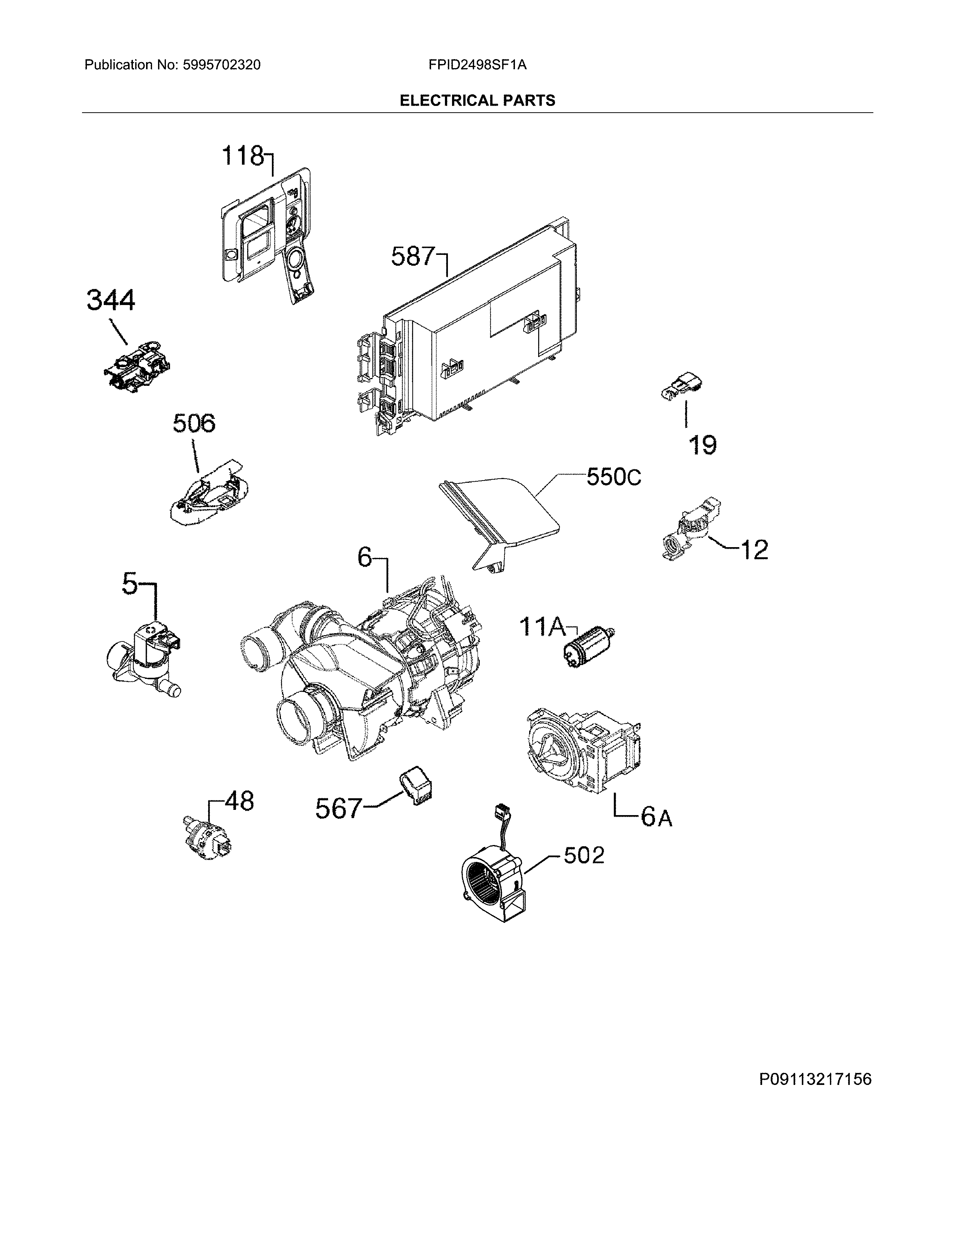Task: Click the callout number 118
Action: coord(242,156)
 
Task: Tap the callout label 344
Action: coord(111,300)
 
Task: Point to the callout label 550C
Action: coord(613,478)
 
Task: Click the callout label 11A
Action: coord(542,627)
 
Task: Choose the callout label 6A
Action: coord(656,818)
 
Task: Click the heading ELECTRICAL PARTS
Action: coord(477,101)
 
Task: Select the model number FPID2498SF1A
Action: coord(477,65)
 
